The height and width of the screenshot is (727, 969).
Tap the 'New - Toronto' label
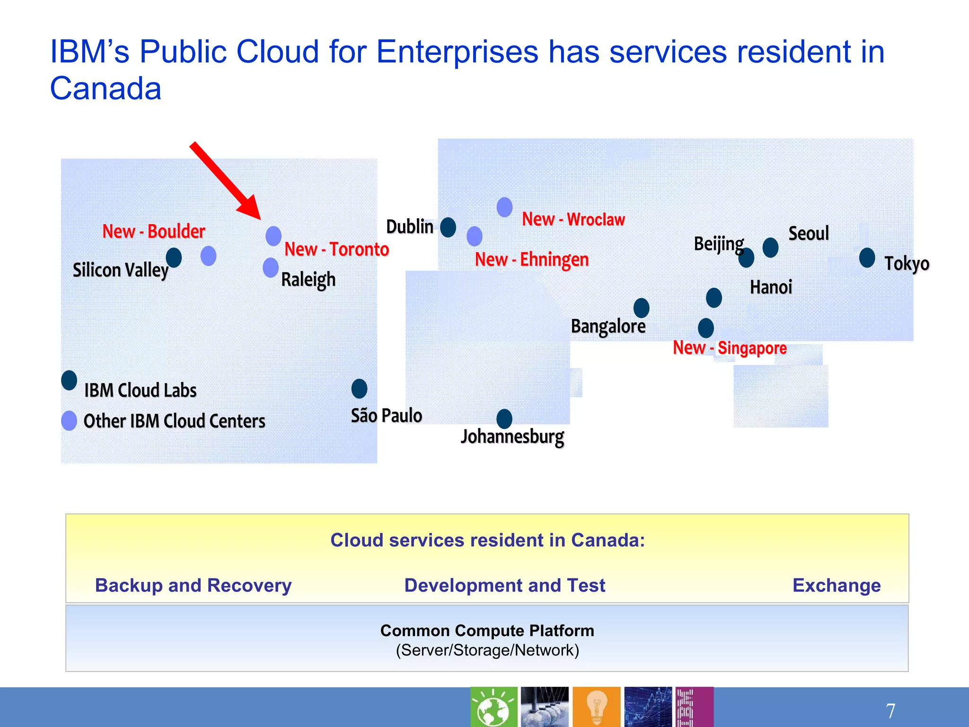(336, 249)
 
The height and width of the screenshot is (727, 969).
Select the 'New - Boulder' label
(154, 231)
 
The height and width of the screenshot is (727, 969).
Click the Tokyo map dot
(867, 257)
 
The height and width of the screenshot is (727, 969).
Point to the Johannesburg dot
(504, 419)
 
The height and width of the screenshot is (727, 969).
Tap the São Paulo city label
(386, 416)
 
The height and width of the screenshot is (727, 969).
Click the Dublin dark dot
(448, 227)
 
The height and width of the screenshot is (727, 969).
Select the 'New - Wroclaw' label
(573, 220)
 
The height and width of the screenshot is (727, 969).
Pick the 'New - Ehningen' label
(532, 259)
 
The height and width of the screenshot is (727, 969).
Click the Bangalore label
(608, 326)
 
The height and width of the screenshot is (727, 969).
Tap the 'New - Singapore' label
(730, 348)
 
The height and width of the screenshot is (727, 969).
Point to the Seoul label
(809, 233)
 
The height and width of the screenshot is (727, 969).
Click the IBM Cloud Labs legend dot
(69, 380)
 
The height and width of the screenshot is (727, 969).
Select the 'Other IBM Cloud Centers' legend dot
(69, 420)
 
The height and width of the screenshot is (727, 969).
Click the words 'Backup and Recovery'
(193, 585)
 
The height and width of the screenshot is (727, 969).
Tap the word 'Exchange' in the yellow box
(836, 585)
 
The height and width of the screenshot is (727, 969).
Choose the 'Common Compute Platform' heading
(487, 630)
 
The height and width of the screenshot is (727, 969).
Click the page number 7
(890, 710)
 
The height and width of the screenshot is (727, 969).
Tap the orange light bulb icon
(596, 707)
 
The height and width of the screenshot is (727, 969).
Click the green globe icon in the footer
(493, 707)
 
